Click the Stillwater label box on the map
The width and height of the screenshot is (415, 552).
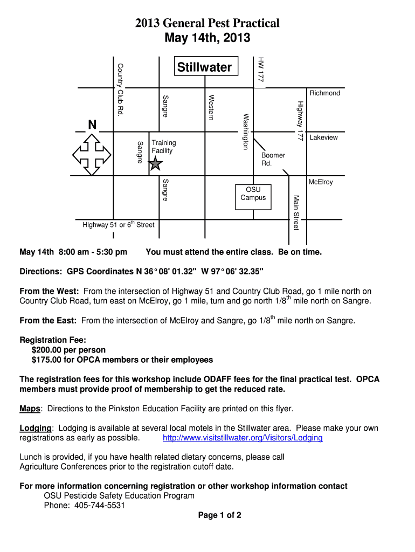(x=204, y=67)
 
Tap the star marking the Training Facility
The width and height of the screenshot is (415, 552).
(x=155, y=164)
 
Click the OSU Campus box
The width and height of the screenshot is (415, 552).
(x=253, y=194)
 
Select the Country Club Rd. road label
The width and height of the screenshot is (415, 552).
(x=120, y=88)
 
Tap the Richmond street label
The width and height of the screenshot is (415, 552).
(x=325, y=93)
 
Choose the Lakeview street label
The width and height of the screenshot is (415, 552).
(x=323, y=137)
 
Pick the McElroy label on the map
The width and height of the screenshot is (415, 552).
(x=321, y=182)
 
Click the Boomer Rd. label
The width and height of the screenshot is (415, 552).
(x=273, y=159)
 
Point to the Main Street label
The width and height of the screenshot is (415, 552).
(x=295, y=212)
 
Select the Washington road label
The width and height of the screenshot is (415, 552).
(x=246, y=131)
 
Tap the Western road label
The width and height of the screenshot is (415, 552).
(x=212, y=107)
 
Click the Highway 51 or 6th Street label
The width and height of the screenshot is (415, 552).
(x=118, y=225)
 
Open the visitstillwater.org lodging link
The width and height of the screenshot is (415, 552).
(x=243, y=438)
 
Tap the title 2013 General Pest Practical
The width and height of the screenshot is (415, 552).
(x=207, y=23)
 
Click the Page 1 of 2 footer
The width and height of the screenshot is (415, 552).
(x=219, y=515)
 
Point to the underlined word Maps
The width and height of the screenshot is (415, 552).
(x=30, y=409)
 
